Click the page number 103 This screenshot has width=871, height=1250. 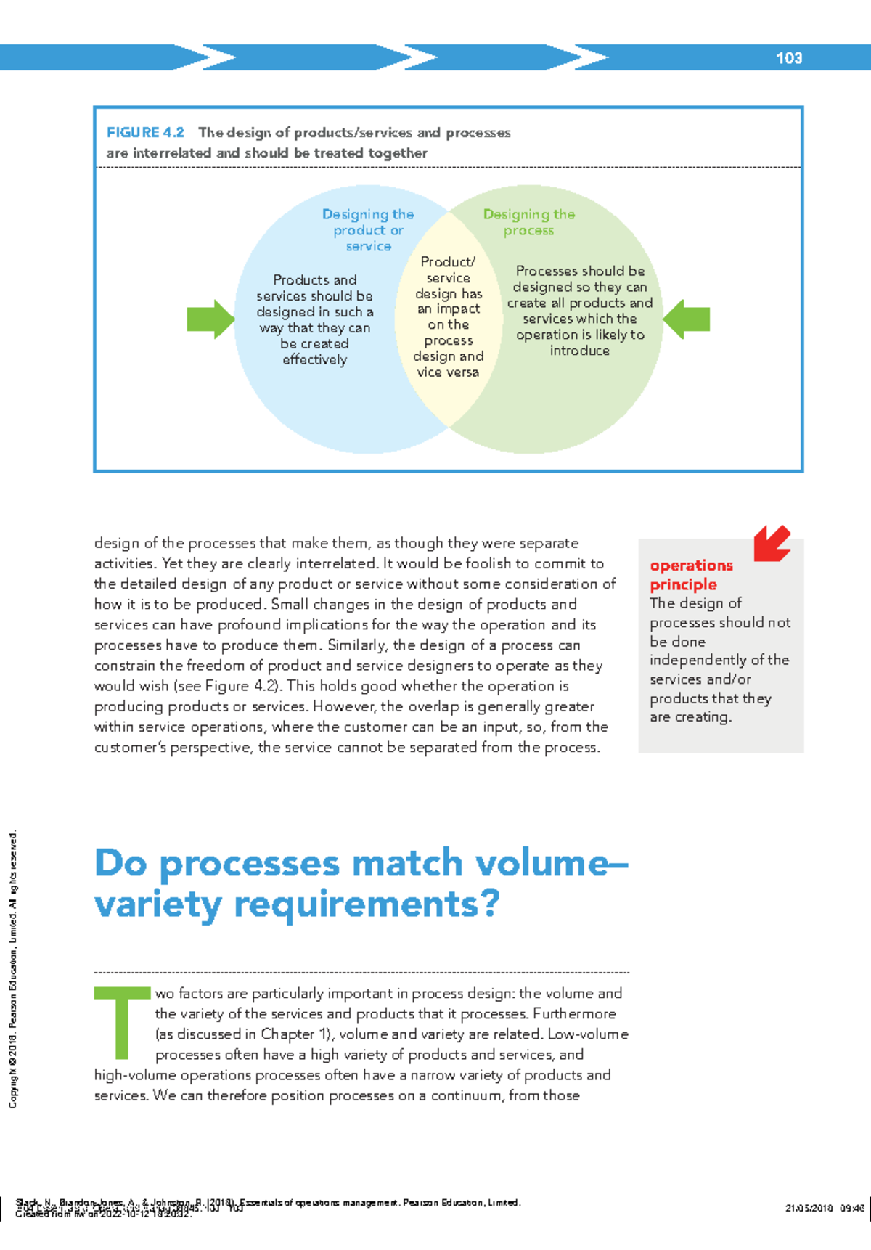pyautogui.click(x=788, y=58)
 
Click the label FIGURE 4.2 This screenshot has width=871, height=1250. pyautogui.click(x=145, y=133)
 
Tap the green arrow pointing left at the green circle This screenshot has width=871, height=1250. pyautogui.click(x=687, y=319)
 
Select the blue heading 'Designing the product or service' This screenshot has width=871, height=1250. pyautogui.click(x=368, y=230)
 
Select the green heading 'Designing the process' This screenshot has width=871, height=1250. pyautogui.click(x=529, y=222)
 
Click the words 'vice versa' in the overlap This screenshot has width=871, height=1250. pyautogui.click(x=448, y=372)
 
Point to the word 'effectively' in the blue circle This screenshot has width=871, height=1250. pyautogui.click(x=315, y=360)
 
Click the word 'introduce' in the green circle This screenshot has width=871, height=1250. pyautogui.click(x=579, y=351)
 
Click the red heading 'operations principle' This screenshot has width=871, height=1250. pyautogui.click(x=690, y=575)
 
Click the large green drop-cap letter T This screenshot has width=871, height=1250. pyautogui.click(x=122, y=1022)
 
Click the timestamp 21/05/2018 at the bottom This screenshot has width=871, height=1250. pyautogui.click(x=809, y=1209)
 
